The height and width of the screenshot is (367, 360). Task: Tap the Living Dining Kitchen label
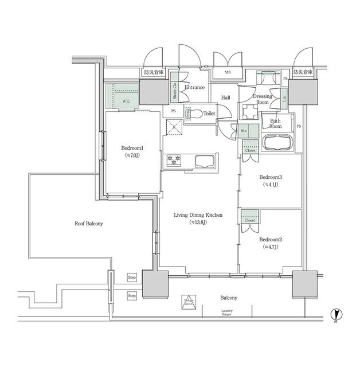[198, 215]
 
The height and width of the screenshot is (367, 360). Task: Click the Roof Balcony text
[89, 224]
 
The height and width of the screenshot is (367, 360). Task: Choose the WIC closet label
[125, 100]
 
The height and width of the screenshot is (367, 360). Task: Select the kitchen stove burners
[173, 161]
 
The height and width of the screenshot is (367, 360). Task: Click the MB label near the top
[228, 73]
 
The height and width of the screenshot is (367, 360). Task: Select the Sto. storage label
[244, 131]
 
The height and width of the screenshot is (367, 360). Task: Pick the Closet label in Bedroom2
[250, 220]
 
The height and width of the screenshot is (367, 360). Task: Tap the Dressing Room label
[262, 100]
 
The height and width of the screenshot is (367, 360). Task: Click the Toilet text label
[209, 114]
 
